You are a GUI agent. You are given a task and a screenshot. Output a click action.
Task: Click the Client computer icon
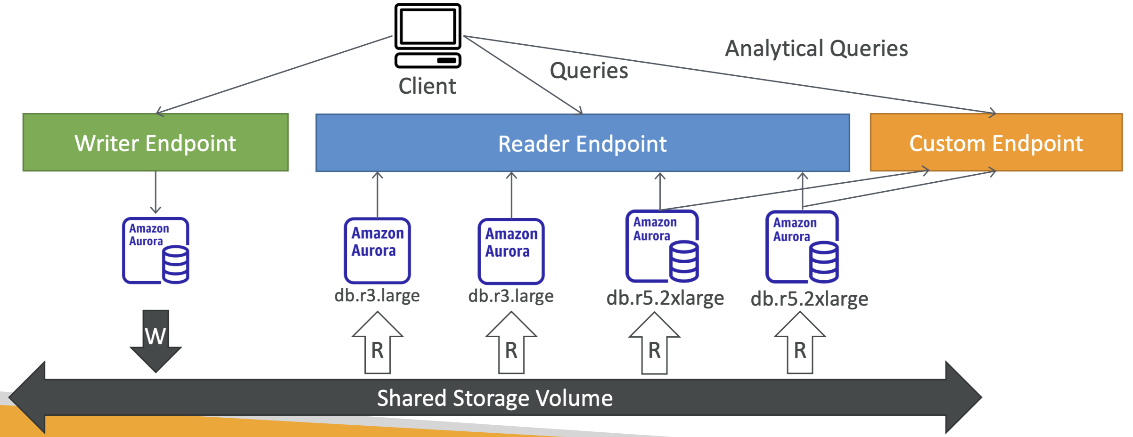(427, 35)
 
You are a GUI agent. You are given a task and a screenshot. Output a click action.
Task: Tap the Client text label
(427, 86)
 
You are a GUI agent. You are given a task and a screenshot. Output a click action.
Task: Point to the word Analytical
(773, 49)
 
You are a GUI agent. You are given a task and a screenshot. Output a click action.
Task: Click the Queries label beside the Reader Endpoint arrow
(589, 71)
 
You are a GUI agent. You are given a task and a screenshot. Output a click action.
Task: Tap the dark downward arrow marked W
(156, 341)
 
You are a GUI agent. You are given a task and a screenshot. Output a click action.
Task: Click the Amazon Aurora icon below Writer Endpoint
(156, 251)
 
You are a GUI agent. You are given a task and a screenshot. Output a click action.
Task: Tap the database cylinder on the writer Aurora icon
(176, 264)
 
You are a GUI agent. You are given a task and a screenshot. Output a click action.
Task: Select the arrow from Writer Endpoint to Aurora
(156, 192)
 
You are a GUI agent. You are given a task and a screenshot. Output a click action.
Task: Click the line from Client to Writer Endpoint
(274, 74)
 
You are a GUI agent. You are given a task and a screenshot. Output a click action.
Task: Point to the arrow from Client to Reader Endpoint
(523, 75)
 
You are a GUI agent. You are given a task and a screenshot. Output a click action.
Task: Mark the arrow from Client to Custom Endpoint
(730, 74)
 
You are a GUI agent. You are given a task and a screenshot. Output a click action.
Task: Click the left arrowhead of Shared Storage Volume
(27, 397)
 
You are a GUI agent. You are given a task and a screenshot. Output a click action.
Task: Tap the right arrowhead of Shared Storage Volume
(964, 397)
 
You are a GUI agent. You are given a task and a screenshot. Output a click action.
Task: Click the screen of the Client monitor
(427, 26)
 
